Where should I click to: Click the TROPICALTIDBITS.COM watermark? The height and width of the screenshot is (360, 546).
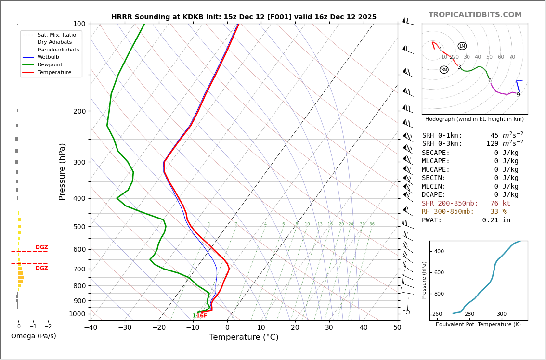475,15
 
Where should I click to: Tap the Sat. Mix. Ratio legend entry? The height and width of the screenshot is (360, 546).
56,35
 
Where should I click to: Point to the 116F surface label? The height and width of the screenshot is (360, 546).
200,316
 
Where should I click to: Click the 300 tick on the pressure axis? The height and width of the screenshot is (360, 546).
79,162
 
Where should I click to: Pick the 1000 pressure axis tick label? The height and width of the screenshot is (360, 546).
78,314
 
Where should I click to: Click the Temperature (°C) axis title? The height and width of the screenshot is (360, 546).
244,337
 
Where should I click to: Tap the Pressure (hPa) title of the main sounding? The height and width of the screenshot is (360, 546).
62,171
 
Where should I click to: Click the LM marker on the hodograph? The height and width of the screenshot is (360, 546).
462,46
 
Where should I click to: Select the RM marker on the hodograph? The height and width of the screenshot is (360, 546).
444,70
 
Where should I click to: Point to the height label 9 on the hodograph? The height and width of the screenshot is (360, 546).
518,95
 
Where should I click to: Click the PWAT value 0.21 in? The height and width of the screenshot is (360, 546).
496,220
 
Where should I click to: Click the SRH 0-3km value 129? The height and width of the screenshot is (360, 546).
492,144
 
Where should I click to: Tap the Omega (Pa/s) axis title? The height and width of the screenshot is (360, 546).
34,336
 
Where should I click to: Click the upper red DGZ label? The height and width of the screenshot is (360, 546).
42,247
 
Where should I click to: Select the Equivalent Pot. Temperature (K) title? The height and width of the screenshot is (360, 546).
478,325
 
